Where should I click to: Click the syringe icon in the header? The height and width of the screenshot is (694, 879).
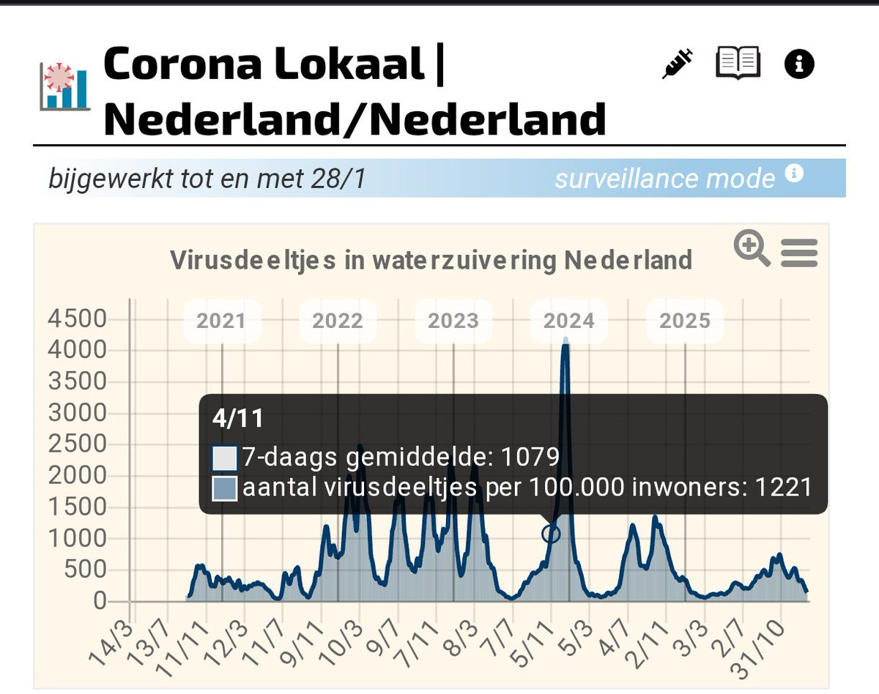(678, 64)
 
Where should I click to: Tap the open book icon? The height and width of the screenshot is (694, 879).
(738, 63)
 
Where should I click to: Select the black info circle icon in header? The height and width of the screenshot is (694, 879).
(799, 64)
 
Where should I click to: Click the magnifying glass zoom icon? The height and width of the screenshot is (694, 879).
(752, 248)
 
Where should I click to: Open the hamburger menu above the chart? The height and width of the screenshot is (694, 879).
(799, 253)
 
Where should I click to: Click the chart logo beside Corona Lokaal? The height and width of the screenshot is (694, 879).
(64, 86)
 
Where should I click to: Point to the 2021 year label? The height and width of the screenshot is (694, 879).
(221, 321)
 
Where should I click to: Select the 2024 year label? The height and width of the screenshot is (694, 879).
(569, 321)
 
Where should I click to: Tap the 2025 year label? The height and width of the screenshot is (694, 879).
(684, 321)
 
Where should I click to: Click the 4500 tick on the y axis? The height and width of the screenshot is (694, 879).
(77, 319)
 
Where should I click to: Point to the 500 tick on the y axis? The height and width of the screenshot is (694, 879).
(85, 570)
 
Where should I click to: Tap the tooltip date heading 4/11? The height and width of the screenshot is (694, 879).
(237, 418)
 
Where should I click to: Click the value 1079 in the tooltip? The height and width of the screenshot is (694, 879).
(530, 458)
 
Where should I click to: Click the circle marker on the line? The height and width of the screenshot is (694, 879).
(551, 534)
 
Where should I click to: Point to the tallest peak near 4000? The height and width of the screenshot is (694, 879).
(565, 342)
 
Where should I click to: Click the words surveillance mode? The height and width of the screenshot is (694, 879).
(664, 179)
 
